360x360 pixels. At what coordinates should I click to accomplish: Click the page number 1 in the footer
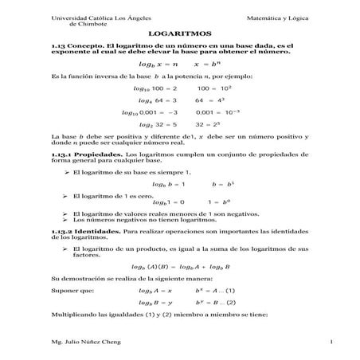[307, 342]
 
